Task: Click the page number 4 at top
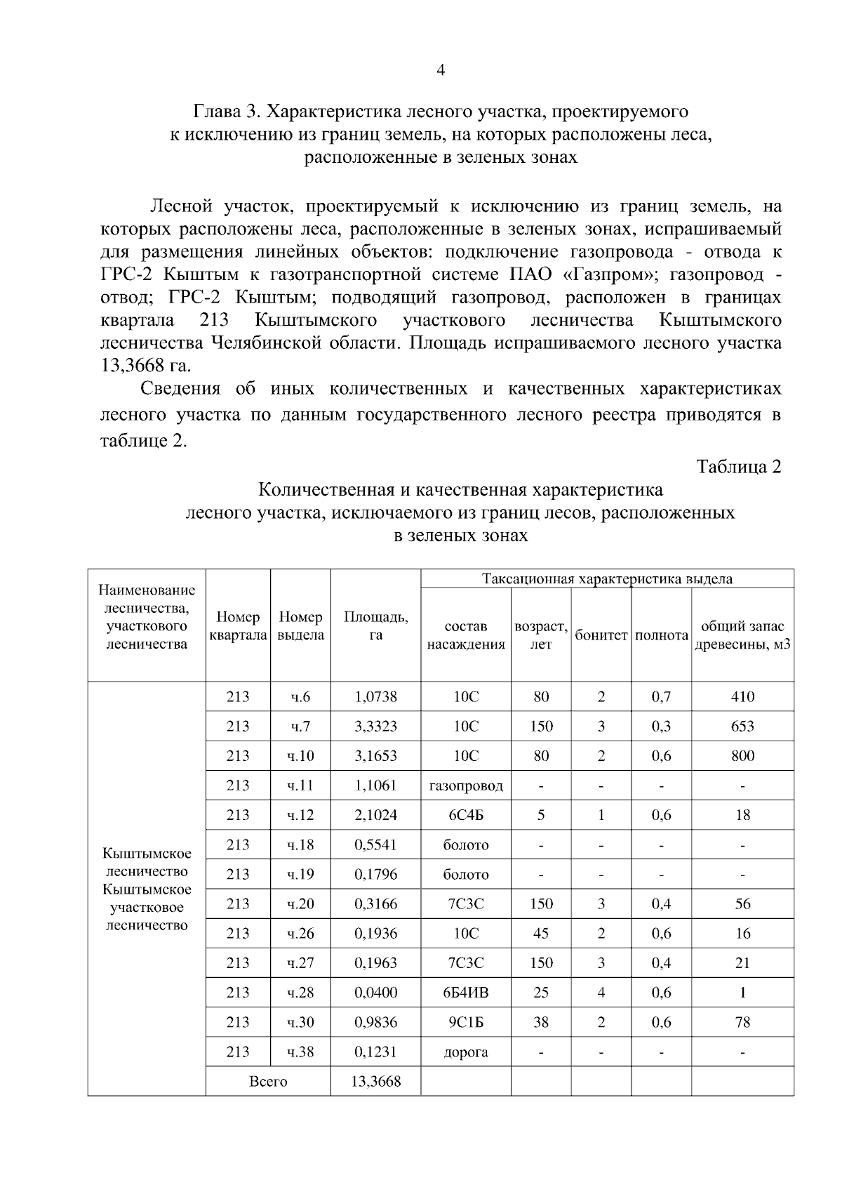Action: tap(441, 70)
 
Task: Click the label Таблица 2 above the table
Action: tap(738, 468)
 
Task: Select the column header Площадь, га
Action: tap(375, 625)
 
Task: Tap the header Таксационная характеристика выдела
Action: tap(607, 579)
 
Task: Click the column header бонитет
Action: tap(601, 635)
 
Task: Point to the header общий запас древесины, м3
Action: tap(742, 635)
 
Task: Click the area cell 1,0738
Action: tap(375, 697)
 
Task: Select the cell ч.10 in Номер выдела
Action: tap(300, 756)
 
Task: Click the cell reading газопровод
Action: tap(465, 786)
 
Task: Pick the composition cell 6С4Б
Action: tap(465, 815)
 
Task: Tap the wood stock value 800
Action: tap(742, 756)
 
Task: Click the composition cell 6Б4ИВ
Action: tap(465, 993)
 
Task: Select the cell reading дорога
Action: tap(465, 1052)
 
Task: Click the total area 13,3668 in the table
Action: tap(375, 1081)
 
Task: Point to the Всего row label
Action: tap(268, 1081)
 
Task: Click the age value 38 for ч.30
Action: tap(540, 1022)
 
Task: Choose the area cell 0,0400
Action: tap(375, 993)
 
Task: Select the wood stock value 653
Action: tap(742, 727)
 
